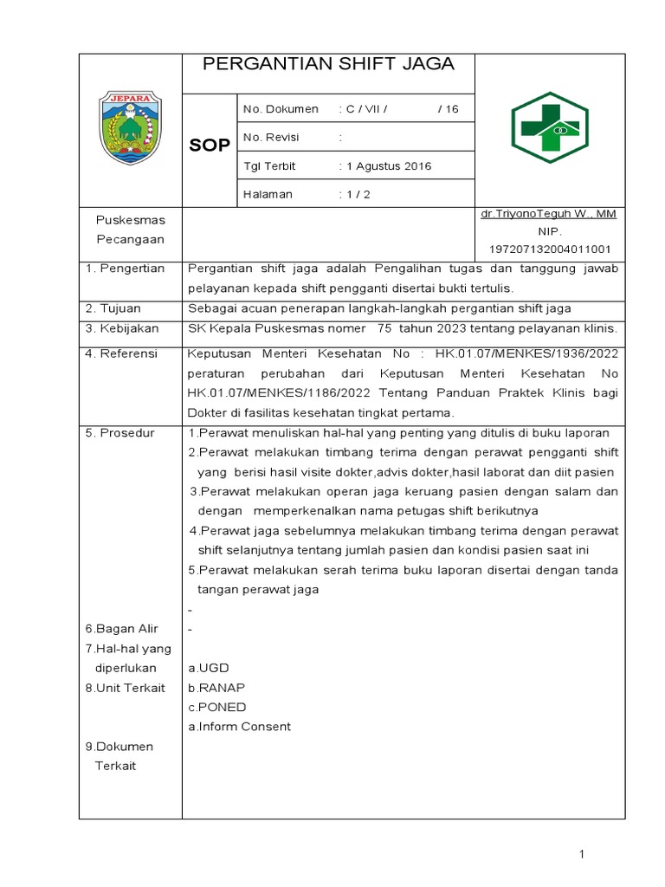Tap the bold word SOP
210,146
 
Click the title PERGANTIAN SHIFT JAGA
328,65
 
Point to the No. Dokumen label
281,109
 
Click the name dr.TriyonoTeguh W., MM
548,214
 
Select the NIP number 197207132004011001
550,249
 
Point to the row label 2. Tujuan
113,308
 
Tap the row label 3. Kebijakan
120,328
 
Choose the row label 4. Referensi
120,353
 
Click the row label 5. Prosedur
119,432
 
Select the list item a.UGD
209,668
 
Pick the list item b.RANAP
216,688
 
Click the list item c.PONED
216,707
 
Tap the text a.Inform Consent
240,727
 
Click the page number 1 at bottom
583,856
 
